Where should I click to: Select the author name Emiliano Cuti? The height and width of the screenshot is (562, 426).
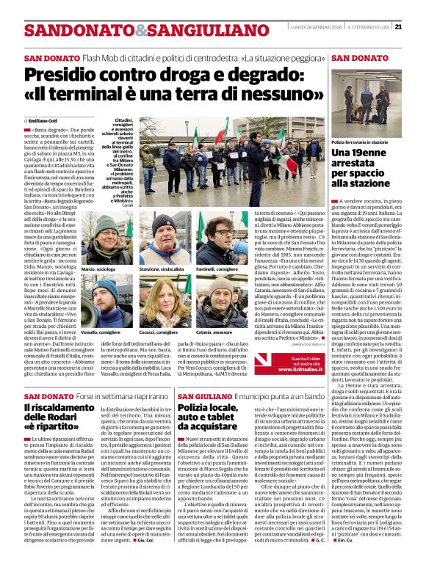pyautogui.click(x=43, y=120)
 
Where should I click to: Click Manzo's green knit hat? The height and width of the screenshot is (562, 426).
pyautogui.click(x=104, y=222)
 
